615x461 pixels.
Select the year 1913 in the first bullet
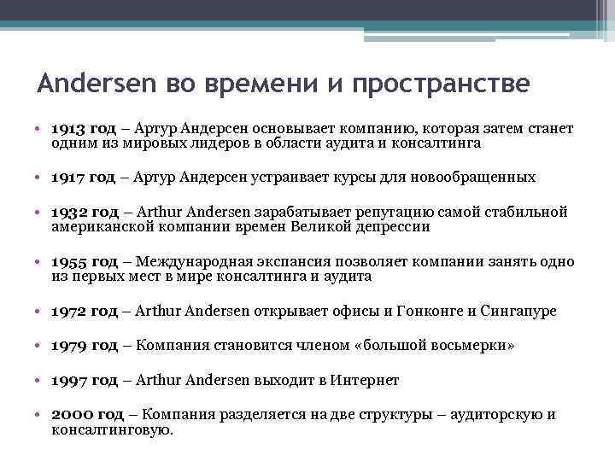(67, 128)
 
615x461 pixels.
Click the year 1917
(67, 177)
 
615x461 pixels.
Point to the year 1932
(67, 213)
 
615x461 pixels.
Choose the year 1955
(68, 262)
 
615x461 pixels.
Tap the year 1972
(68, 311)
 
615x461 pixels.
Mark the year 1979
(68, 346)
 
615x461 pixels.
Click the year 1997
(68, 381)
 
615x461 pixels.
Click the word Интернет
(368, 381)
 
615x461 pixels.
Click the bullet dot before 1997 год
(41, 381)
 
